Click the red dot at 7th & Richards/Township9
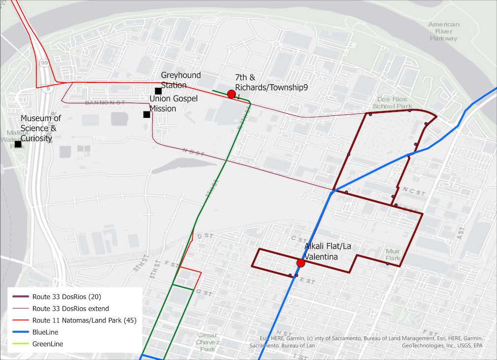(x=231, y=94)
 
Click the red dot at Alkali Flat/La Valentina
(x=300, y=263)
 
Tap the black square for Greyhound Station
(x=158, y=91)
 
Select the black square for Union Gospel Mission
(x=146, y=114)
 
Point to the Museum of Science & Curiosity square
(x=18, y=144)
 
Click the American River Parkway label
(x=444, y=31)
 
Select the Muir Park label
(x=393, y=254)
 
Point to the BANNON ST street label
(x=105, y=103)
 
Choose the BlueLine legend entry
(x=45, y=332)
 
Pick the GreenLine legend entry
(x=47, y=344)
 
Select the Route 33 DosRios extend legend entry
(x=70, y=309)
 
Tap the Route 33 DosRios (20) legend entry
(x=67, y=296)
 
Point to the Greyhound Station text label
(x=181, y=80)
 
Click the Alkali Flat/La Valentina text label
(x=327, y=252)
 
